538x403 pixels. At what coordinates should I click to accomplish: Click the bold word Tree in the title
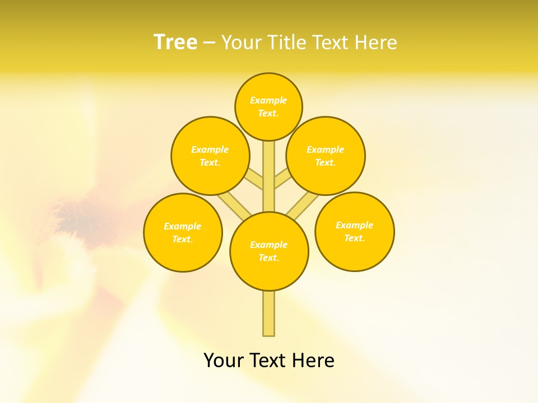click(x=175, y=43)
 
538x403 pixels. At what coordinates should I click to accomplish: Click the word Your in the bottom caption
click(x=222, y=360)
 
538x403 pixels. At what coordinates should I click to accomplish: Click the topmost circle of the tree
click(x=268, y=106)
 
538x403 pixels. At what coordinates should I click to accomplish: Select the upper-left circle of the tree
click(x=210, y=156)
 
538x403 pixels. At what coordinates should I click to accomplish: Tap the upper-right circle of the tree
click(x=326, y=156)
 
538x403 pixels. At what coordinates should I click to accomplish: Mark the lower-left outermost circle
click(x=183, y=232)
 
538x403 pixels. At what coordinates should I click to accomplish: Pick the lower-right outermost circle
click(x=355, y=232)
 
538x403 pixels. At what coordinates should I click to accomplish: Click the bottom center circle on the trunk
click(x=269, y=251)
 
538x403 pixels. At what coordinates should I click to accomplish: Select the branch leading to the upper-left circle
click(x=254, y=179)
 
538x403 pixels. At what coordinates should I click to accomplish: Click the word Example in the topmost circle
click(x=268, y=100)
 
